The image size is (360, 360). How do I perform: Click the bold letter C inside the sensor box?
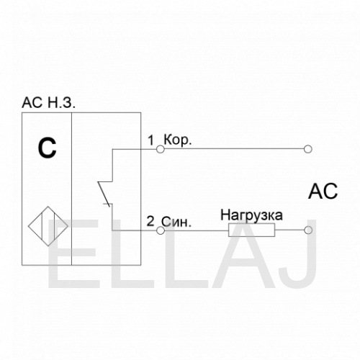[x=47, y=148]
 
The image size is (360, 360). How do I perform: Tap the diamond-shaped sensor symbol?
[x=48, y=226]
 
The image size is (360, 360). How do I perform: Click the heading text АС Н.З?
[x=48, y=103]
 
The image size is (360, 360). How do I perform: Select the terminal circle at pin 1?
[x=161, y=149]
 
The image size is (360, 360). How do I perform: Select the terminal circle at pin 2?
[x=161, y=230]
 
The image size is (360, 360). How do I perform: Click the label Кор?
[x=178, y=140]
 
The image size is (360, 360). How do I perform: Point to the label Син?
[x=176, y=222]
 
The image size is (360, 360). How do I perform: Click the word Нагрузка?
[x=251, y=215]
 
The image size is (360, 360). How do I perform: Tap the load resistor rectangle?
[x=251, y=230]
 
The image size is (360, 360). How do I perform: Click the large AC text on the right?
[x=323, y=192]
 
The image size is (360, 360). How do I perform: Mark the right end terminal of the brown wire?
[x=308, y=149]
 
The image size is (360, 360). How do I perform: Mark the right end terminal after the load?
[x=308, y=230]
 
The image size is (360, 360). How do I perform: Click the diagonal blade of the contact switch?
[x=104, y=194]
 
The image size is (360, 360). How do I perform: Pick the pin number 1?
[x=150, y=140]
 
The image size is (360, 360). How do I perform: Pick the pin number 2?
[x=150, y=221]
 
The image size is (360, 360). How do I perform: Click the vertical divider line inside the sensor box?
[x=71, y=189]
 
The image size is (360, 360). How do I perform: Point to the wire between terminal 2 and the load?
[x=197, y=230]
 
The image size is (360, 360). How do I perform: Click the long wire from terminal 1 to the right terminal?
[x=234, y=149]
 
